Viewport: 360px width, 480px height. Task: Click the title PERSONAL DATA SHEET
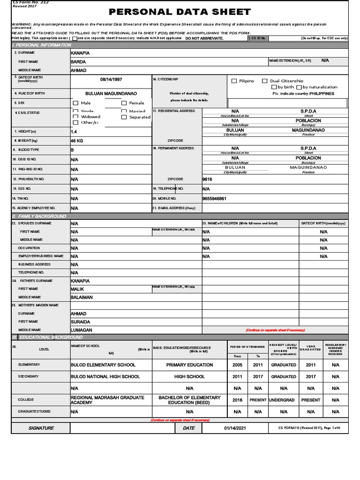[180, 12]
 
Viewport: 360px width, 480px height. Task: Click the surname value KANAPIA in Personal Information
[80, 53]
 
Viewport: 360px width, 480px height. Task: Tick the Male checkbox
[75, 103]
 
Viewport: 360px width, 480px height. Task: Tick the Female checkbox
[124, 103]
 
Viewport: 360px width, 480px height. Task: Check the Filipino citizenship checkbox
[234, 81]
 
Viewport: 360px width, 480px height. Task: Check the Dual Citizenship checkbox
[265, 81]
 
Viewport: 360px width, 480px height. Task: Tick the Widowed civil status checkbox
[75, 117]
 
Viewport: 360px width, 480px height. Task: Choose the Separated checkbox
[124, 117]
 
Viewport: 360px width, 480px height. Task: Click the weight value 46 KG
[77, 141]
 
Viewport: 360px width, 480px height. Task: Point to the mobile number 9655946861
[214, 199]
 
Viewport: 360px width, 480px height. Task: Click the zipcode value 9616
[207, 179]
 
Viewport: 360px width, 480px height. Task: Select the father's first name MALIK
[77, 289]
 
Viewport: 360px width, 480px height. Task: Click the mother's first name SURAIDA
[80, 322]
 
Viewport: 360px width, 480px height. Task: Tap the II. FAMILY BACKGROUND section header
[39, 216]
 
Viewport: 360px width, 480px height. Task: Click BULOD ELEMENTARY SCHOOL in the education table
[104, 365]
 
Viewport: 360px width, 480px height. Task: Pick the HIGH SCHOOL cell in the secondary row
[189, 376]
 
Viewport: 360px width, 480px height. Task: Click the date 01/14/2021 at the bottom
[234, 428]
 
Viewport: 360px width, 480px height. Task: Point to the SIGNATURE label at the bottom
[41, 428]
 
